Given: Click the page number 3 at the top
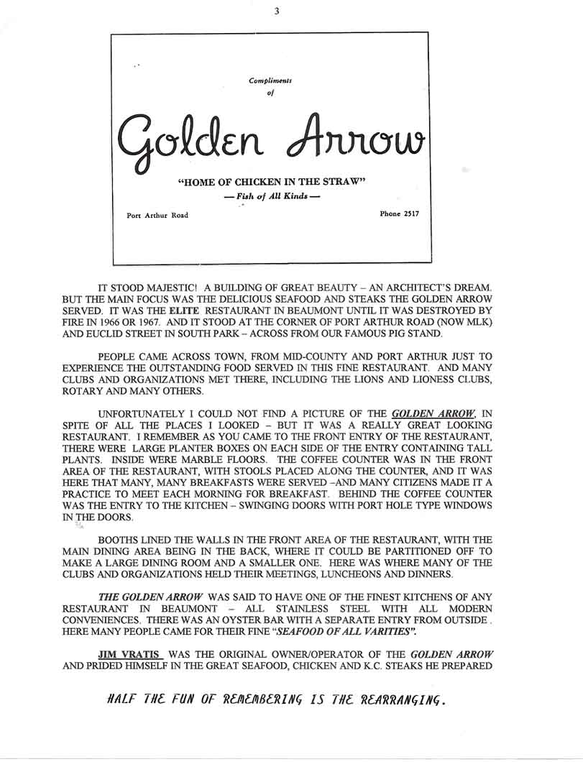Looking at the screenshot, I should coord(277,11).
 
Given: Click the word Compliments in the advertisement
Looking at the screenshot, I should coord(270,81).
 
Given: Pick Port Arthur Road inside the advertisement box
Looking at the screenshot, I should coord(157,215).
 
